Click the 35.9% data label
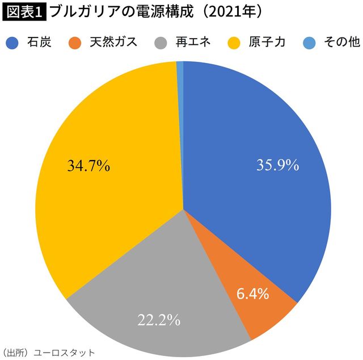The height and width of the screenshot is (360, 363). click(277, 165)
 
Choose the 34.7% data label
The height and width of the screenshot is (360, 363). click(89, 166)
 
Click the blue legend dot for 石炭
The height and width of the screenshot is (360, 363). click(15, 43)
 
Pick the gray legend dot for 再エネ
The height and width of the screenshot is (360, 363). click(162, 43)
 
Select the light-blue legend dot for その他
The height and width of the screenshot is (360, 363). click(310, 43)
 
